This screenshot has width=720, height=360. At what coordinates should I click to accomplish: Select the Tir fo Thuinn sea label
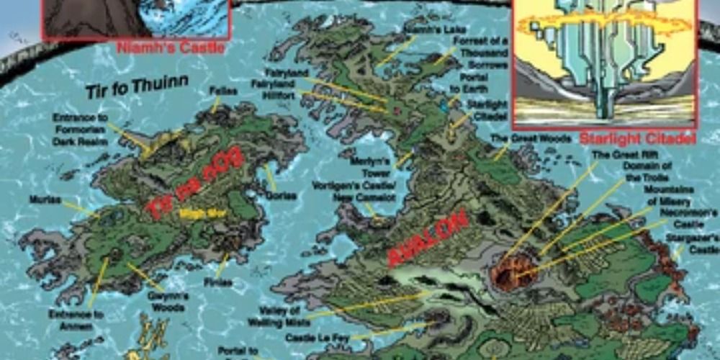pos(137,89)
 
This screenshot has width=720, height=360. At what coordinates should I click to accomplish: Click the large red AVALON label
pos(428,238)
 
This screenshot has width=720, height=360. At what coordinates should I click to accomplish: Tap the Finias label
pos(217,282)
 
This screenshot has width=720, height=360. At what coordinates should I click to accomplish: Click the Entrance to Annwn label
pos(76,320)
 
